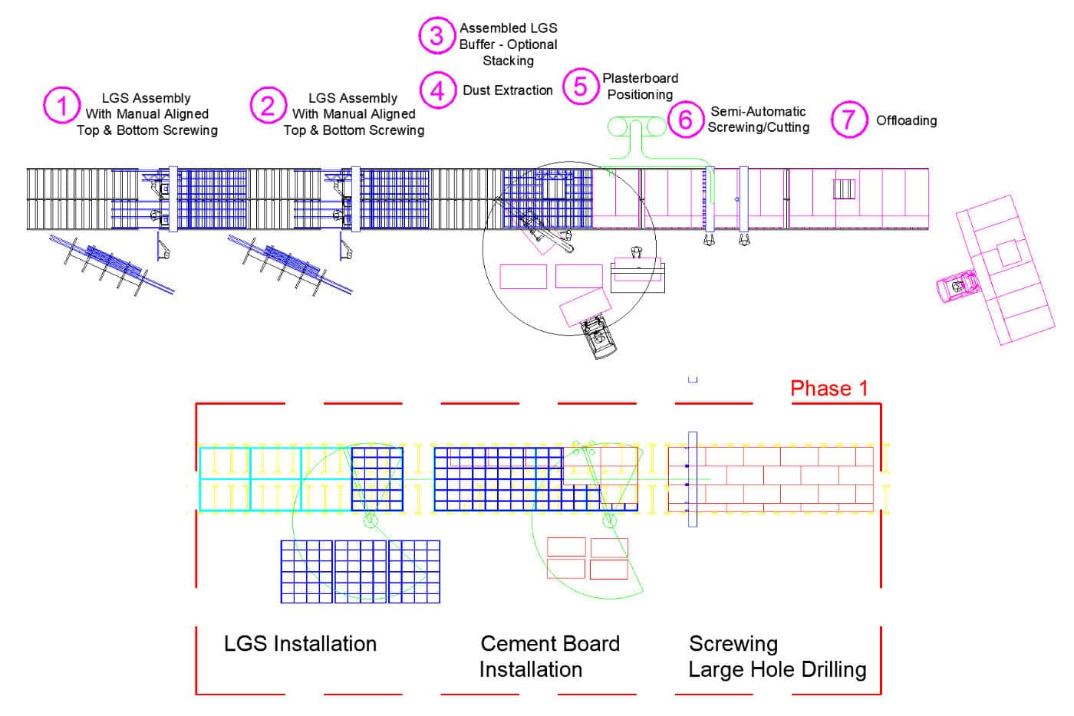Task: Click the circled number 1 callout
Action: point(61,105)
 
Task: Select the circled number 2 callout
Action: point(268,105)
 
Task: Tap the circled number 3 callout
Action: point(437,35)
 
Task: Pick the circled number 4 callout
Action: point(437,90)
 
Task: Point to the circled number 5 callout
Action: point(580,86)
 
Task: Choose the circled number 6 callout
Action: point(685,119)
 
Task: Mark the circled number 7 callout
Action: point(848,120)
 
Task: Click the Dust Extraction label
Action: point(507,90)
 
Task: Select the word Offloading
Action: point(906,120)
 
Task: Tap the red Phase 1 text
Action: point(829,389)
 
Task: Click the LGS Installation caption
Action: point(300,644)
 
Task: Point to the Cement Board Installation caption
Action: point(549,656)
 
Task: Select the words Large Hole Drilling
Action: point(777,670)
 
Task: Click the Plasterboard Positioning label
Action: point(640,87)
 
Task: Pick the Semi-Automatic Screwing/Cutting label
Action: point(758,120)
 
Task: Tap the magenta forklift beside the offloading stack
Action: point(956,288)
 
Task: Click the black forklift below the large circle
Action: point(600,337)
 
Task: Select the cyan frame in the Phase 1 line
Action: point(250,479)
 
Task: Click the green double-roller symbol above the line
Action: point(638,126)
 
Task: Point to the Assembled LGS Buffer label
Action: point(508,44)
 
